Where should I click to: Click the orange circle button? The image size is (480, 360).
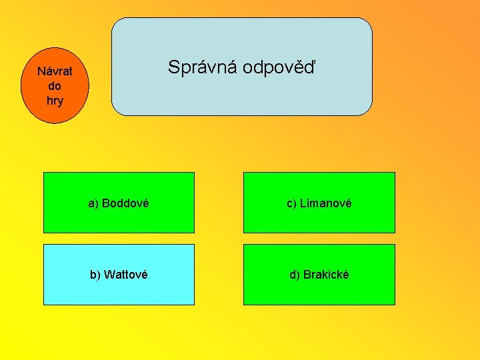point(55,85)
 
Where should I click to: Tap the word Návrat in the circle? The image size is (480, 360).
point(55,71)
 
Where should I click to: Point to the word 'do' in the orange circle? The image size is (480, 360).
point(55,86)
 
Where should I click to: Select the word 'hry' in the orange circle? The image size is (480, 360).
point(55,101)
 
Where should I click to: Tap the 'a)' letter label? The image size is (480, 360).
point(93,203)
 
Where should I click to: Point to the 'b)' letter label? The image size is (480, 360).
point(96,275)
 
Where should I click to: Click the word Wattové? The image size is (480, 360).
point(126,275)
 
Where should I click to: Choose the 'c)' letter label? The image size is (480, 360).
point(292,203)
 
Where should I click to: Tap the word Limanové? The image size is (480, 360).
point(325,203)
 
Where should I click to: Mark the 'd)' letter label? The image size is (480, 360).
point(295,275)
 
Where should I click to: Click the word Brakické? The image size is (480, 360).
point(326,275)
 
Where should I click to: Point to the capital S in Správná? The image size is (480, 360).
point(173,67)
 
